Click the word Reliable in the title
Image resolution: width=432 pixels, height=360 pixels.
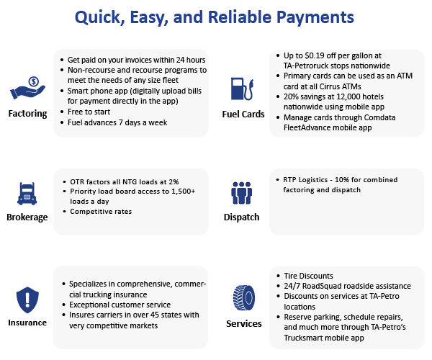240,17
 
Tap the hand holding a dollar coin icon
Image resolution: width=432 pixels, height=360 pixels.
27,88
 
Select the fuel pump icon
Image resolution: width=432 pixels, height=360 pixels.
242,89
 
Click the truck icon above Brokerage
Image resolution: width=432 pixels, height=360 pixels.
27,194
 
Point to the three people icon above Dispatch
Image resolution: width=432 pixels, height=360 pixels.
242,193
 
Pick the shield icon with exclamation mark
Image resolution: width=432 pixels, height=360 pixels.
27,300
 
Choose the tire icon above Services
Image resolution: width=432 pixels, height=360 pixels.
244,298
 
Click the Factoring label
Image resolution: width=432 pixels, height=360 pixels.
27,114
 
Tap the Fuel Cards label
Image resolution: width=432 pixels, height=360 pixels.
243,114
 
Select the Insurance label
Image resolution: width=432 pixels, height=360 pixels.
27,323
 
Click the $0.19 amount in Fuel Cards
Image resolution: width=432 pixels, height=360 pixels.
315,55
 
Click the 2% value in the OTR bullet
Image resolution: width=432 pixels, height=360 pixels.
174,181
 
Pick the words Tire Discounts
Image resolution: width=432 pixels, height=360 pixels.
308,276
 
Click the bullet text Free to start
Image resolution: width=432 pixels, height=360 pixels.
89,112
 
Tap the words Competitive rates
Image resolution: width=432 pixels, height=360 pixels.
101,211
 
